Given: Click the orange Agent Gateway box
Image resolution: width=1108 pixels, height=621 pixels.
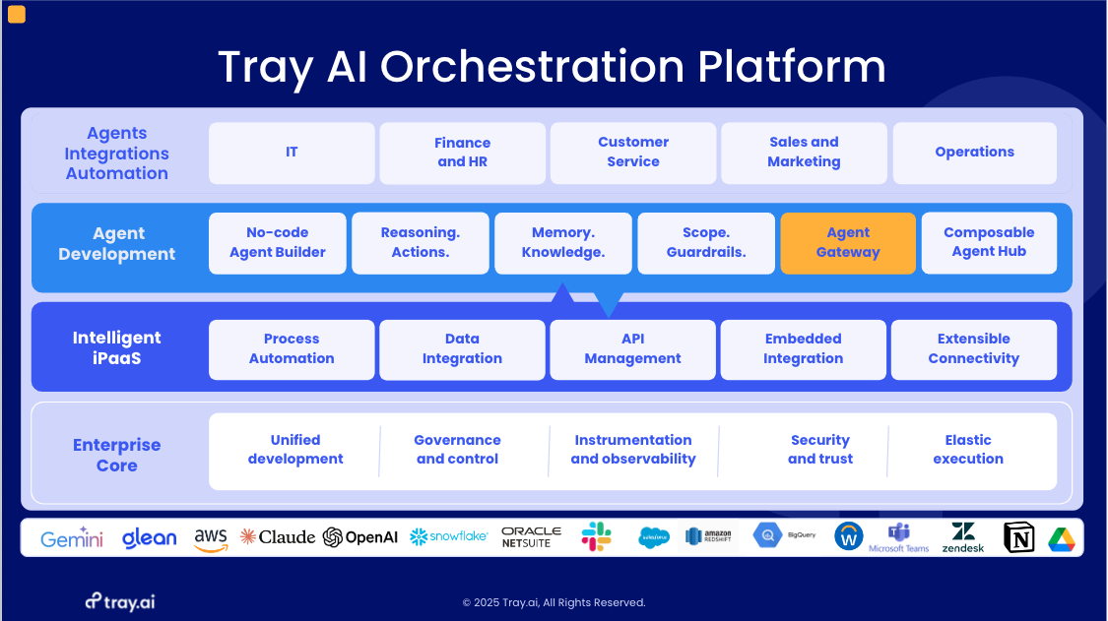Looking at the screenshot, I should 848,242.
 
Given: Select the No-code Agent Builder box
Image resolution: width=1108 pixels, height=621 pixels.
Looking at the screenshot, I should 278,242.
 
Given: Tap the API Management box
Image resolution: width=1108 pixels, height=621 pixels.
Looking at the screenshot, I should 632,349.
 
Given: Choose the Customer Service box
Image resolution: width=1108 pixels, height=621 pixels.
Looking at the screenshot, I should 633,153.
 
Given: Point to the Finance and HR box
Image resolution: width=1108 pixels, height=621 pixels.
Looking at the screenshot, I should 462,153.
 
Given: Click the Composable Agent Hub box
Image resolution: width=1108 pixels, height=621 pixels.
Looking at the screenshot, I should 989,242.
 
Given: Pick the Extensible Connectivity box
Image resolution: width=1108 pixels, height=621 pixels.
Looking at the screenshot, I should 973,349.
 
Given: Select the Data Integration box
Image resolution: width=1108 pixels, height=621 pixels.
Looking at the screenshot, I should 462,349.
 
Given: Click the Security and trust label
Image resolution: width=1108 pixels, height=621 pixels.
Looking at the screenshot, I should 820,450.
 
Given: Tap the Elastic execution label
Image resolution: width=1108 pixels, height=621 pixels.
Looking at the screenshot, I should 968,450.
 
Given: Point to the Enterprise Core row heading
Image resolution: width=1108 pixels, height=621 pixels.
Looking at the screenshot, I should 116,456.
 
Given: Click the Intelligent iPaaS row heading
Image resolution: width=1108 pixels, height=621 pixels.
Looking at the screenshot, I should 116,347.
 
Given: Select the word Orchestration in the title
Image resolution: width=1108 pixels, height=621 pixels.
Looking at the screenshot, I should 532,67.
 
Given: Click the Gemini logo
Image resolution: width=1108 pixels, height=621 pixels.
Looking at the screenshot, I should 72,538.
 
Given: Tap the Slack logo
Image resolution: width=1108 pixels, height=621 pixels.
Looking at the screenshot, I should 596,536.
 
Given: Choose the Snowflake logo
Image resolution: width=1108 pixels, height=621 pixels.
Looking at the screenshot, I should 448,536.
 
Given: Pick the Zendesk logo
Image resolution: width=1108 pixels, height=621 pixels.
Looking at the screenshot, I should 963,537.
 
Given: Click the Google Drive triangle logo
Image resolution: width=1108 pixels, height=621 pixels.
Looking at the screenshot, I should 1061,538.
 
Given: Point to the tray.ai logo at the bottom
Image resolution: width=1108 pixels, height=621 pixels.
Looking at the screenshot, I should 119,601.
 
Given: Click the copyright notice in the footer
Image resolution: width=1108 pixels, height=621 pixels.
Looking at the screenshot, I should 554,602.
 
